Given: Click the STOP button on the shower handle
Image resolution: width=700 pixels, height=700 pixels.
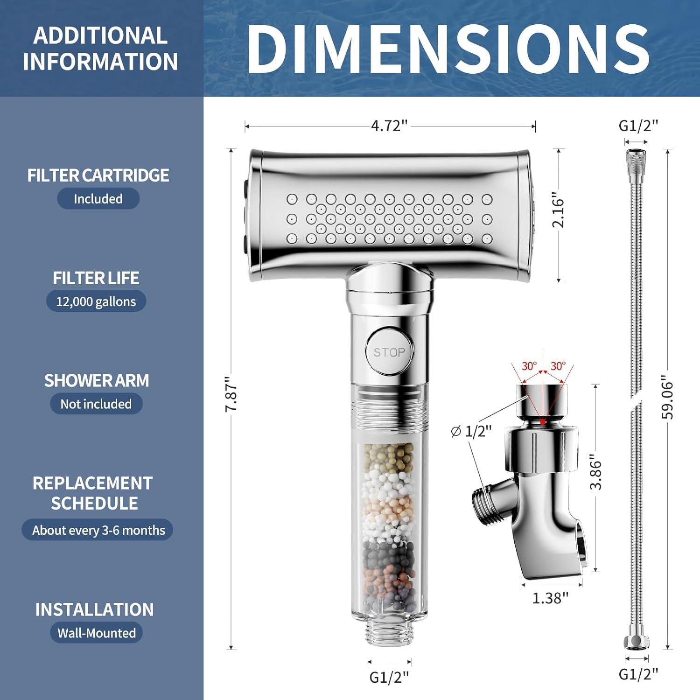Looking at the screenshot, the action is tap(389, 351).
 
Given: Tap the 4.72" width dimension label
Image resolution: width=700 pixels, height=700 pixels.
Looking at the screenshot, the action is tap(389, 126).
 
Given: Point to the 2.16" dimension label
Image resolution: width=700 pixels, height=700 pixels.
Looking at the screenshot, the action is tap(558, 210).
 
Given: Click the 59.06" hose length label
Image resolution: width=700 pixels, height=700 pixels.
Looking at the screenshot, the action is tap(668, 399).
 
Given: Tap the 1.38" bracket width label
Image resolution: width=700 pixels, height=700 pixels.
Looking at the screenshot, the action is tap(551, 598).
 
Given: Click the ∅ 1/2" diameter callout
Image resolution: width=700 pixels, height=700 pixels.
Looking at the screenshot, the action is tap(471, 431).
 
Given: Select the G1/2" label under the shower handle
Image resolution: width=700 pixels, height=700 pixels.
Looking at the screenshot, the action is tap(389, 677).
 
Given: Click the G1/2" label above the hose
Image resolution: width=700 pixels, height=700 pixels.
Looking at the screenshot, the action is tap(638, 126).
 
